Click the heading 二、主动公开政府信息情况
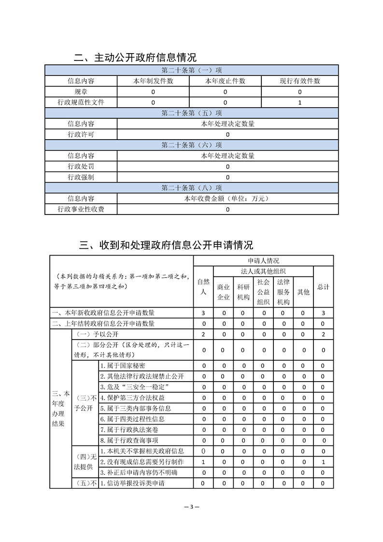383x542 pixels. point(135,57)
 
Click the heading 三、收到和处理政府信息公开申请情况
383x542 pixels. point(166,245)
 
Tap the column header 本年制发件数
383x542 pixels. point(153,81)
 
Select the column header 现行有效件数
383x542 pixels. point(300,81)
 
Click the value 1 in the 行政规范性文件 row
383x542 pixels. point(300,102)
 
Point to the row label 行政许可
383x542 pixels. point(81,134)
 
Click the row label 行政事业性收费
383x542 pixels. point(81,209)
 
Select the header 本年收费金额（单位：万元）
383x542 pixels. point(227,199)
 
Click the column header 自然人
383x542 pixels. point(203,286)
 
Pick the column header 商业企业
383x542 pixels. point(223,292)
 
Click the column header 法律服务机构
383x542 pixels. point(283,292)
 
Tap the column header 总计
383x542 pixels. point(323,286)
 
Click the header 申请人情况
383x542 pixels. point(263,260)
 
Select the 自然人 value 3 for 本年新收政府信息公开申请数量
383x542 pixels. point(203,313)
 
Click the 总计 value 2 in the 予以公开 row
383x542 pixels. point(323,334)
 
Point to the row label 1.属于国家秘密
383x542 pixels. point(124,366)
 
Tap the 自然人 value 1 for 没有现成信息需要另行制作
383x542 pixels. point(203,462)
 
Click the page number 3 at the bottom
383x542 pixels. point(192,507)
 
